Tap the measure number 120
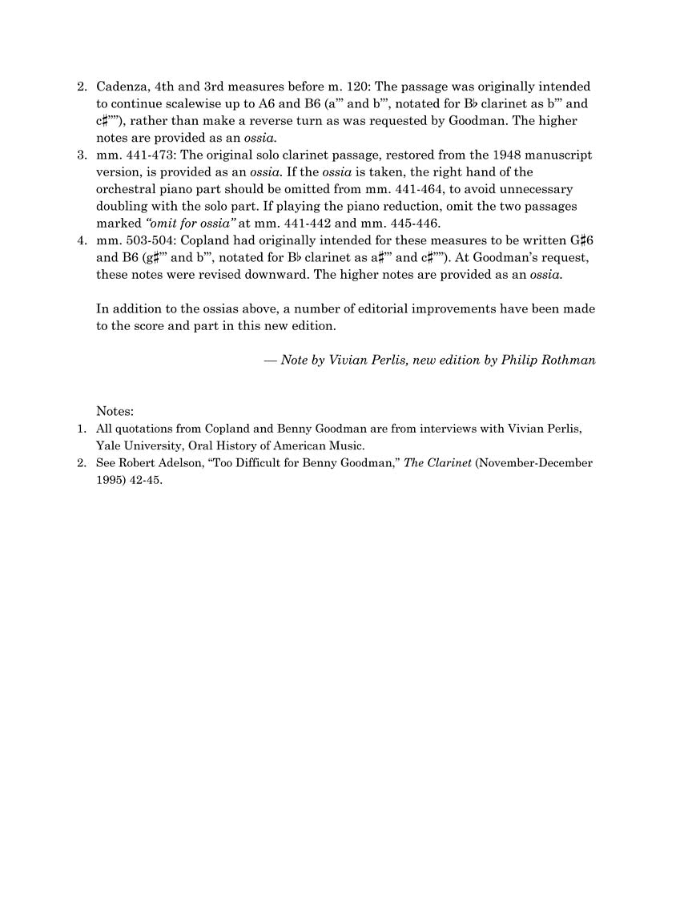pyautogui.click(x=355, y=87)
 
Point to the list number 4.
pyautogui.click(x=80, y=240)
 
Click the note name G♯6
pyautogui.click(x=581, y=240)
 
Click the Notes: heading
pyautogui.click(x=115, y=412)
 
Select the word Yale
pyautogui.click(x=109, y=445)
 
